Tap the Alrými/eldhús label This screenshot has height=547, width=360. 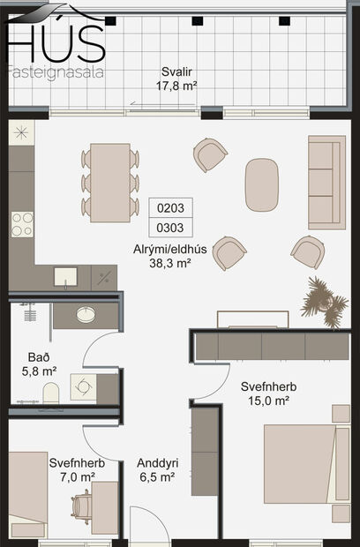170,249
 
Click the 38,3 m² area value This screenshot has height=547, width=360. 170,262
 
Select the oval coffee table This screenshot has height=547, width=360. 262,184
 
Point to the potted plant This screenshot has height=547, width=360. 322,298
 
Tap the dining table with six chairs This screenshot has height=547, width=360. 110,183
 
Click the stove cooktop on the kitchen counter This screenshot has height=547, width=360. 21,223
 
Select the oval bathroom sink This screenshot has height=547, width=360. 86,314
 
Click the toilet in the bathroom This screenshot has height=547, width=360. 49,390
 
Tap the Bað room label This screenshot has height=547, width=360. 39,357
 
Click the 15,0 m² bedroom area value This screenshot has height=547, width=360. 268,401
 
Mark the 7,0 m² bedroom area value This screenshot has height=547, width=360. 78,476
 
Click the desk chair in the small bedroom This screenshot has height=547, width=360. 81,507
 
